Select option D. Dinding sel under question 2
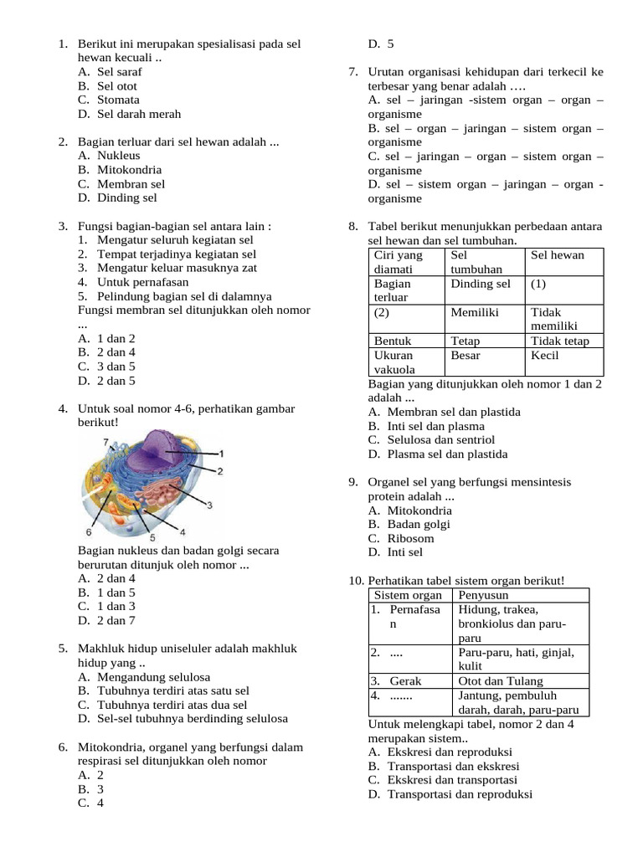[x=116, y=198]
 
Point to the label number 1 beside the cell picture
[x=221, y=453]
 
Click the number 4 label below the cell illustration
[x=183, y=531]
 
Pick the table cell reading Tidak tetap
[x=559, y=341]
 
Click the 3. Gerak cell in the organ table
[x=396, y=681]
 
